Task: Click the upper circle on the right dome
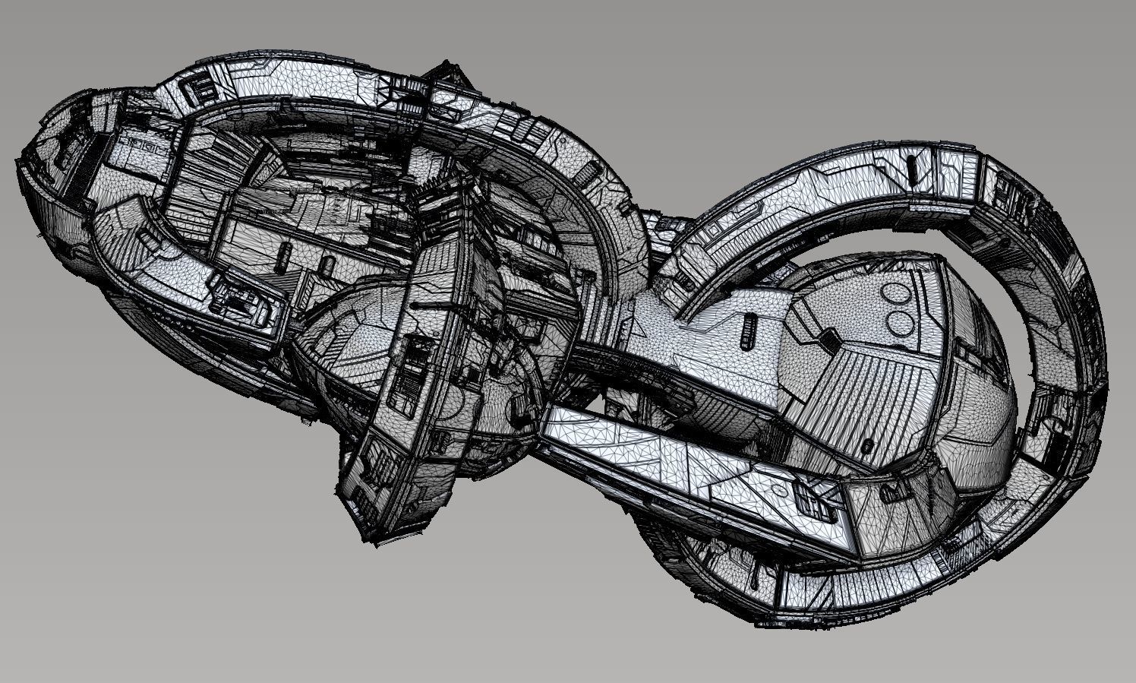click(896, 292)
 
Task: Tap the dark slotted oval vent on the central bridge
click(746, 331)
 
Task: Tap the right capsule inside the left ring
click(327, 266)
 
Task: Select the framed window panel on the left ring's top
click(201, 89)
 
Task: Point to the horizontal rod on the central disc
click(433, 304)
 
